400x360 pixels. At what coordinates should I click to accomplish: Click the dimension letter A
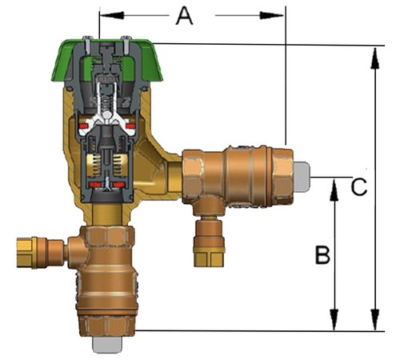coord(185,15)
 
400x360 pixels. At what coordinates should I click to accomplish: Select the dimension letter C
coord(360,187)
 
